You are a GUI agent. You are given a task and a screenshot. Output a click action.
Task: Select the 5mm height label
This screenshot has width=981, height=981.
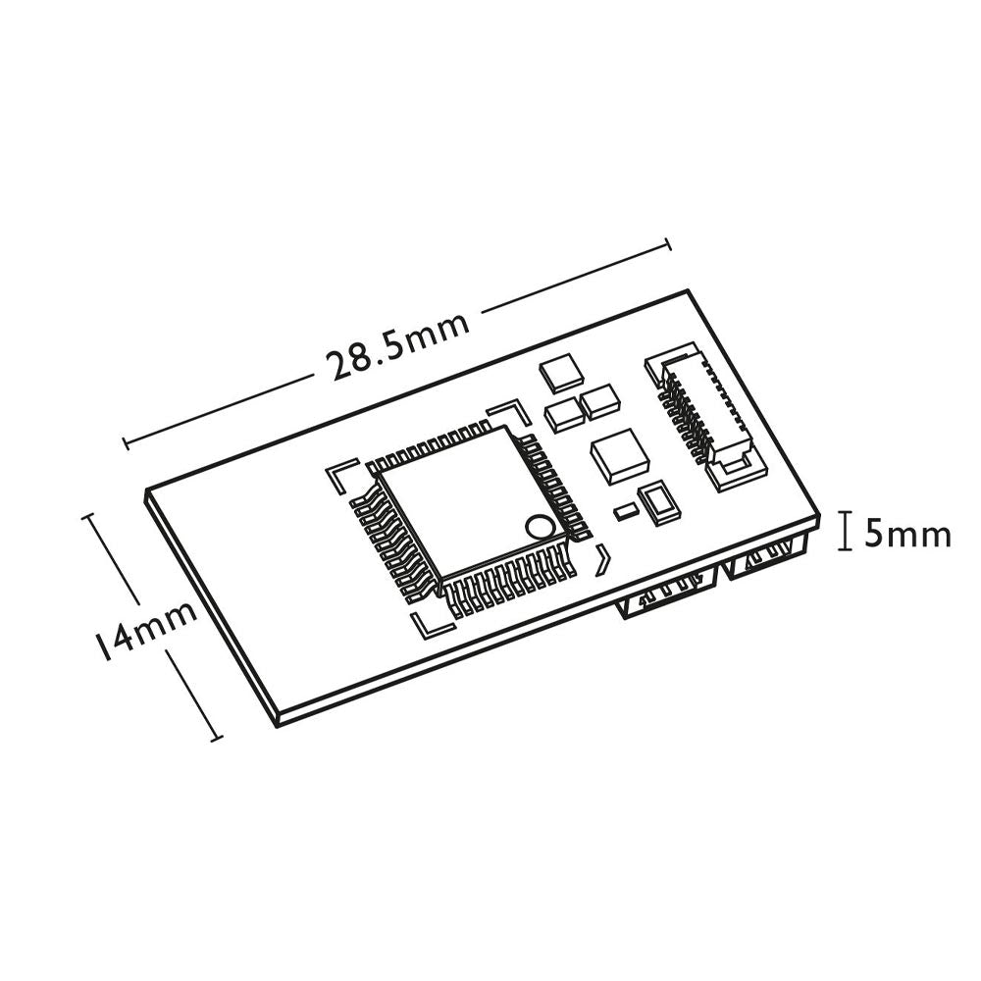click(x=907, y=535)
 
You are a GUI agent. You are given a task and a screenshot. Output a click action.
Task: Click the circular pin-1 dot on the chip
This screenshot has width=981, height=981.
click(x=538, y=527)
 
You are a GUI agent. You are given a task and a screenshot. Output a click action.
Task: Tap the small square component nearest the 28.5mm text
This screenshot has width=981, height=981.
click(x=561, y=371)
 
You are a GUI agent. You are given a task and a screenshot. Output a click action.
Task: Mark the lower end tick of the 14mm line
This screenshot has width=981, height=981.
click(x=217, y=737)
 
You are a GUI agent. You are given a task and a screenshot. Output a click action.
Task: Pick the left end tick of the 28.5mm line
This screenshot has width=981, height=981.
click(x=127, y=442)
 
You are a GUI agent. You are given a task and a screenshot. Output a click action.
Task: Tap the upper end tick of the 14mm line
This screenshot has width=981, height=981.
click(x=92, y=513)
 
